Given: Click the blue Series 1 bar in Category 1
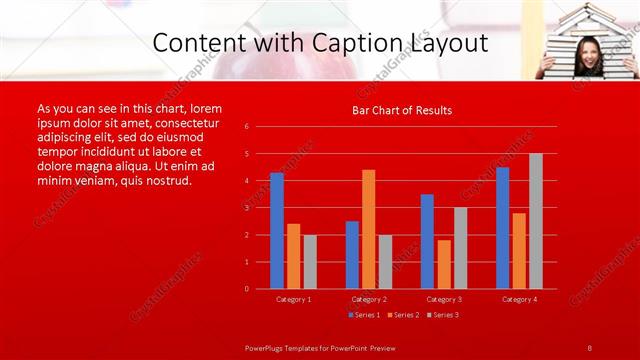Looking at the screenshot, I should pyautogui.click(x=277, y=231).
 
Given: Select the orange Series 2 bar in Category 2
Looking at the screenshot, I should pyautogui.click(x=369, y=229).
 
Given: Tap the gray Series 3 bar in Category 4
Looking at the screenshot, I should pyautogui.click(x=536, y=221).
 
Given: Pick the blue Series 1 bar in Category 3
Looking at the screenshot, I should pyautogui.click(x=427, y=241).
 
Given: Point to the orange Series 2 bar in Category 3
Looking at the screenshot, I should pyautogui.click(x=444, y=264).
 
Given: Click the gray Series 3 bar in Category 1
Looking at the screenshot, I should pyautogui.click(x=310, y=262).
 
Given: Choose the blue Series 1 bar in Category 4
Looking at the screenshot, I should pyautogui.click(x=502, y=228).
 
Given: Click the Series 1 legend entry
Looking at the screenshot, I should pyautogui.click(x=364, y=315).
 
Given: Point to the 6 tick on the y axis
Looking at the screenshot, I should pyautogui.click(x=261, y=127).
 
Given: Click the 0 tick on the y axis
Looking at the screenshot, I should pyautogui.click(x=261, y=289).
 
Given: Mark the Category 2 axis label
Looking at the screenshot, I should pyautogui.click(x=369, y=299).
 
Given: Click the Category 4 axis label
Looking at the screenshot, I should pyautogui.click(x=519, y=299).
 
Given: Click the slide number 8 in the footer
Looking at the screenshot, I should pyautogui.click(x=590, y=347).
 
